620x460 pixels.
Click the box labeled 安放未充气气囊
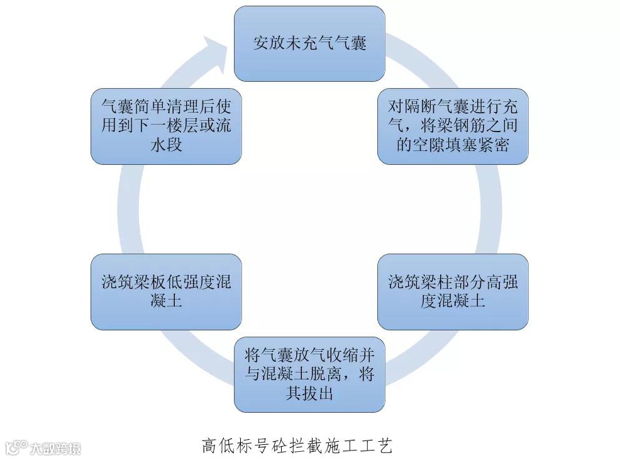[x=309, y=43]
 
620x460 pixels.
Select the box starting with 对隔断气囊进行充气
[x=452, y=126]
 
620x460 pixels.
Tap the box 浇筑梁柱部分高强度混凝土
[x=452, y=291]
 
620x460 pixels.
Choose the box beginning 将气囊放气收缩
[x=309, y=374]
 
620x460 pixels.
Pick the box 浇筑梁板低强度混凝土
[x=166, y=291]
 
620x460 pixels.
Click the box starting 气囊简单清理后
[x=166, y=126]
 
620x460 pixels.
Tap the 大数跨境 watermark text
[x=56, y=448]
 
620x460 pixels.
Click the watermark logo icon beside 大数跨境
[x=17, y=447]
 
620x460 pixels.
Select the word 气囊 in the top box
[x=351, y=44]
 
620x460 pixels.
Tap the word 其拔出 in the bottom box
[x=309, y=394]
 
